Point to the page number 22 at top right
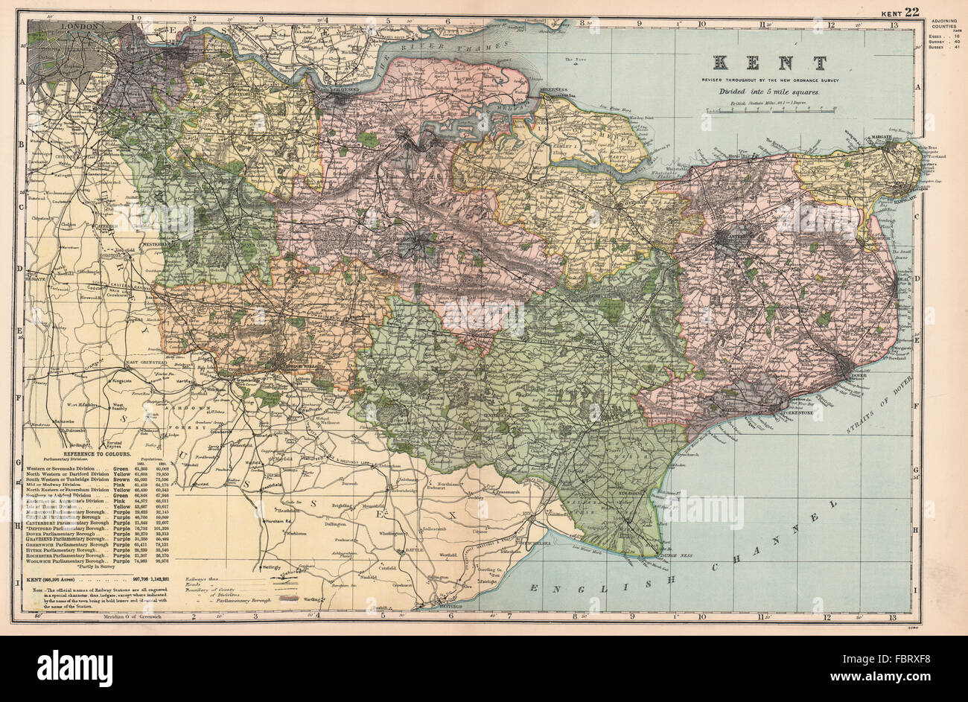(912, 11)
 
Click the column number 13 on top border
(893, 22)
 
